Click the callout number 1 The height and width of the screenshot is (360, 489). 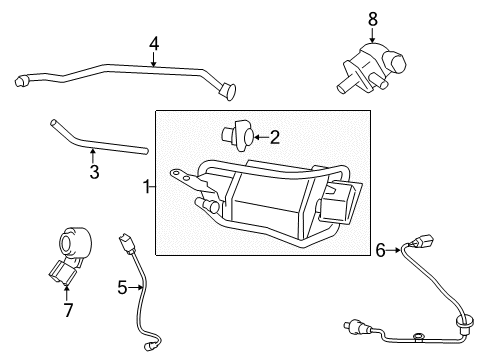[x=147, y=187]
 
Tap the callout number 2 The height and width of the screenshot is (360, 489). [x=274, y=137]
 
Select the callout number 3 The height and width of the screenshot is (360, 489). [x=94, y=172]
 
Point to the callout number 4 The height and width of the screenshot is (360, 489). [x=154, y=44]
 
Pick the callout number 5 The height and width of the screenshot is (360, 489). [x=122, y=287]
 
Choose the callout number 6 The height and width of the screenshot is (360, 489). [x=381, y=250]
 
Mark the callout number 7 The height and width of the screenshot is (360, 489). [x=68, y=310]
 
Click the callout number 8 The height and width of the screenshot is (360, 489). [x=373, y=19]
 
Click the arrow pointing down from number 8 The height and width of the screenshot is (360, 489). [x=372, y=35]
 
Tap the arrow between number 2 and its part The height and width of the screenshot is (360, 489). [x=262, y=137]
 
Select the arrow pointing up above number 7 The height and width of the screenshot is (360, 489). [x=67, y=292]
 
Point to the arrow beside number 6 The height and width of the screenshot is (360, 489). [x=394, y=250]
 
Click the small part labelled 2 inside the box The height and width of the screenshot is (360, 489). [x=238, y=135]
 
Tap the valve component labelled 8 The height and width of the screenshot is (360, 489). [x=371, y=68]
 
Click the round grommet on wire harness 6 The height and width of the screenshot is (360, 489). [x=464, y=323]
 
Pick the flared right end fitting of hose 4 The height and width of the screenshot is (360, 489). [x=228, y=90]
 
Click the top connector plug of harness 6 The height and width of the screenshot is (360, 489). [x=422, y=241]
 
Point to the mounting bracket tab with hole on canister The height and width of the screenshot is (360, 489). [x=183, y=177]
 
